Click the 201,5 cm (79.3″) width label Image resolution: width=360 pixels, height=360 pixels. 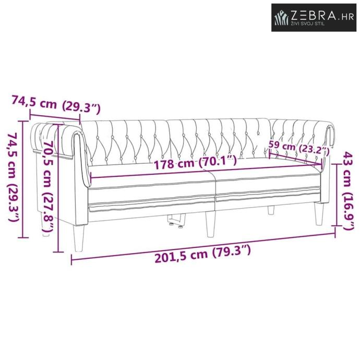click(203, 255)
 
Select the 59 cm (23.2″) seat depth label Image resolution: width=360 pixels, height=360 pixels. click(299, 148)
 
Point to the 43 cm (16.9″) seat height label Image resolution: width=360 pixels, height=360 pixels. click(349, 190)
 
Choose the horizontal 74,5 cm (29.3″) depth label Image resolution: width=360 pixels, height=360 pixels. click(56, 105)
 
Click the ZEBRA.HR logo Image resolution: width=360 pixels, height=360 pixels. click(314, 17)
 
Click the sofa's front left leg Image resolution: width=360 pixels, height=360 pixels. click(78, 238)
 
